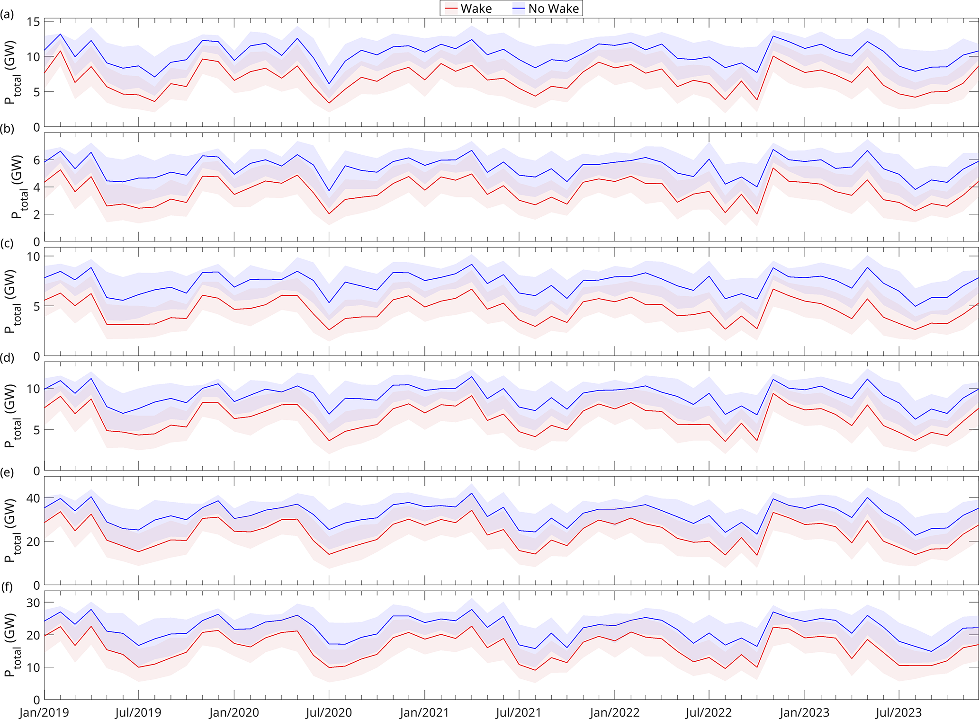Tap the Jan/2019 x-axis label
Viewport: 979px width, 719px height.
coord(44,712)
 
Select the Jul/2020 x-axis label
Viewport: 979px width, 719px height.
coord(329,712)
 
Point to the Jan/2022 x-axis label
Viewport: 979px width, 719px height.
coord(614,712)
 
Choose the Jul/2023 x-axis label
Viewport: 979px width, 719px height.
coord(898,712)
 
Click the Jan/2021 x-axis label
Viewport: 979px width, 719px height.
coord(424,712)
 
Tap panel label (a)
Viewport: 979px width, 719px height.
coord(7,15)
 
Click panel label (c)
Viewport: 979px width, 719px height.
coord(7,244)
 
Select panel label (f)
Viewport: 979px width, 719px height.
coord(7,587)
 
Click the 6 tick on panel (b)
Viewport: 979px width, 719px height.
coord(36,160)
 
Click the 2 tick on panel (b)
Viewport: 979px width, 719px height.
coord(36,214)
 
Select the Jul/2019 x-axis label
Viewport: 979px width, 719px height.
coord(139,712)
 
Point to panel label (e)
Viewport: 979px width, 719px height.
coord(7,472)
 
